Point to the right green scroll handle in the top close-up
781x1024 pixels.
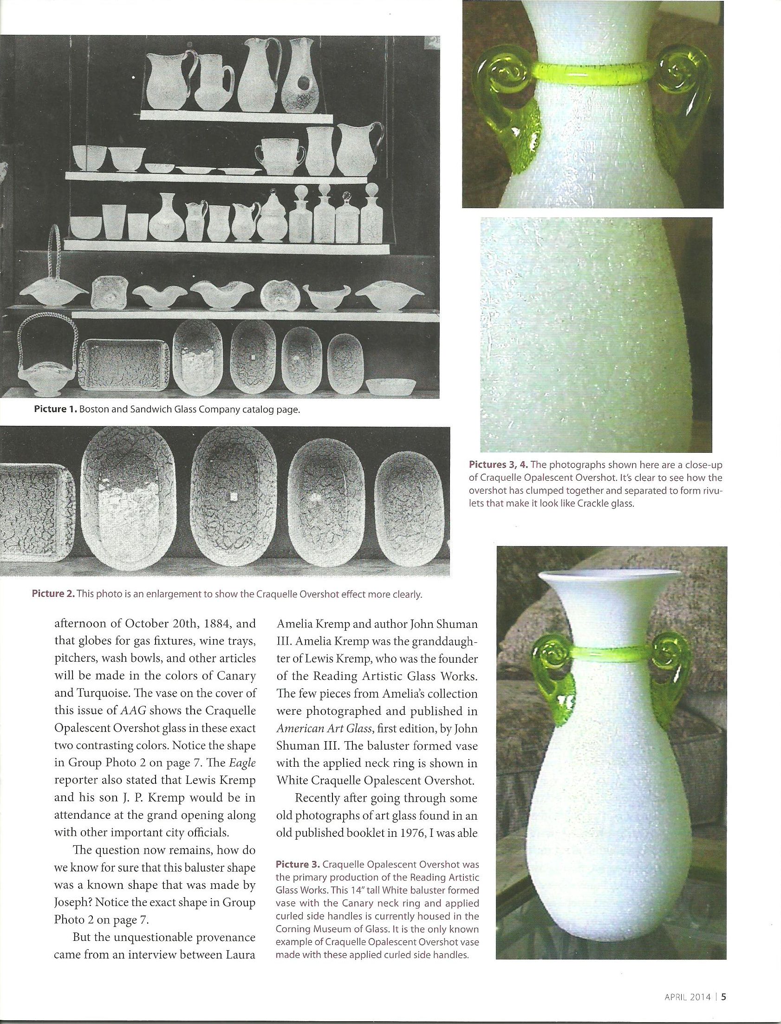click(687, 93)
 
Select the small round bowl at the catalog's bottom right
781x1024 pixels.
click(390, 385)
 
